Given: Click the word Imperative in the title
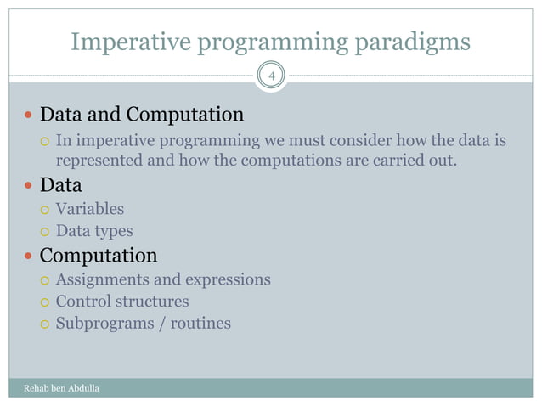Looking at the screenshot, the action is coord(131,42).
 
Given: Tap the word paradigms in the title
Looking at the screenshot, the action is coord(413,42).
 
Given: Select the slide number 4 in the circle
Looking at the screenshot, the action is coord(272,76).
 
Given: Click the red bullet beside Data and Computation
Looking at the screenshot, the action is coord(28,115).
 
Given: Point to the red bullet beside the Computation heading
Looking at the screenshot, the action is coord(28,256).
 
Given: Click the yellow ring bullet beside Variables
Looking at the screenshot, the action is coord(44,210).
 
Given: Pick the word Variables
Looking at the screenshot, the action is coord(90,209).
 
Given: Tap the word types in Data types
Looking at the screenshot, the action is coord(114,232).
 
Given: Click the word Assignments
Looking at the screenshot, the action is coord(103,280).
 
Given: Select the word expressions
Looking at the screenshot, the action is coord(229,280).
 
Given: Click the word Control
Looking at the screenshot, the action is coord(83,301).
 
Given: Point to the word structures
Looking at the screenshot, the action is coord(152,302).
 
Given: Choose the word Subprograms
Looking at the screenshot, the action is coord(105,324).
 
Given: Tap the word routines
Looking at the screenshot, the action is coord(200,324).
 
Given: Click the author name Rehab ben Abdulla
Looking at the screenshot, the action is coord(61,388).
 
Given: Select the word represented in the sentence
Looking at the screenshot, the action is coord(99,161).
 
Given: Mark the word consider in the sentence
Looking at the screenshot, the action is coord(360,140).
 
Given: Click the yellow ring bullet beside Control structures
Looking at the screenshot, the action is coord(44,302).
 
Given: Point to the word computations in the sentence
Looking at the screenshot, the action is coord(291,161).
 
